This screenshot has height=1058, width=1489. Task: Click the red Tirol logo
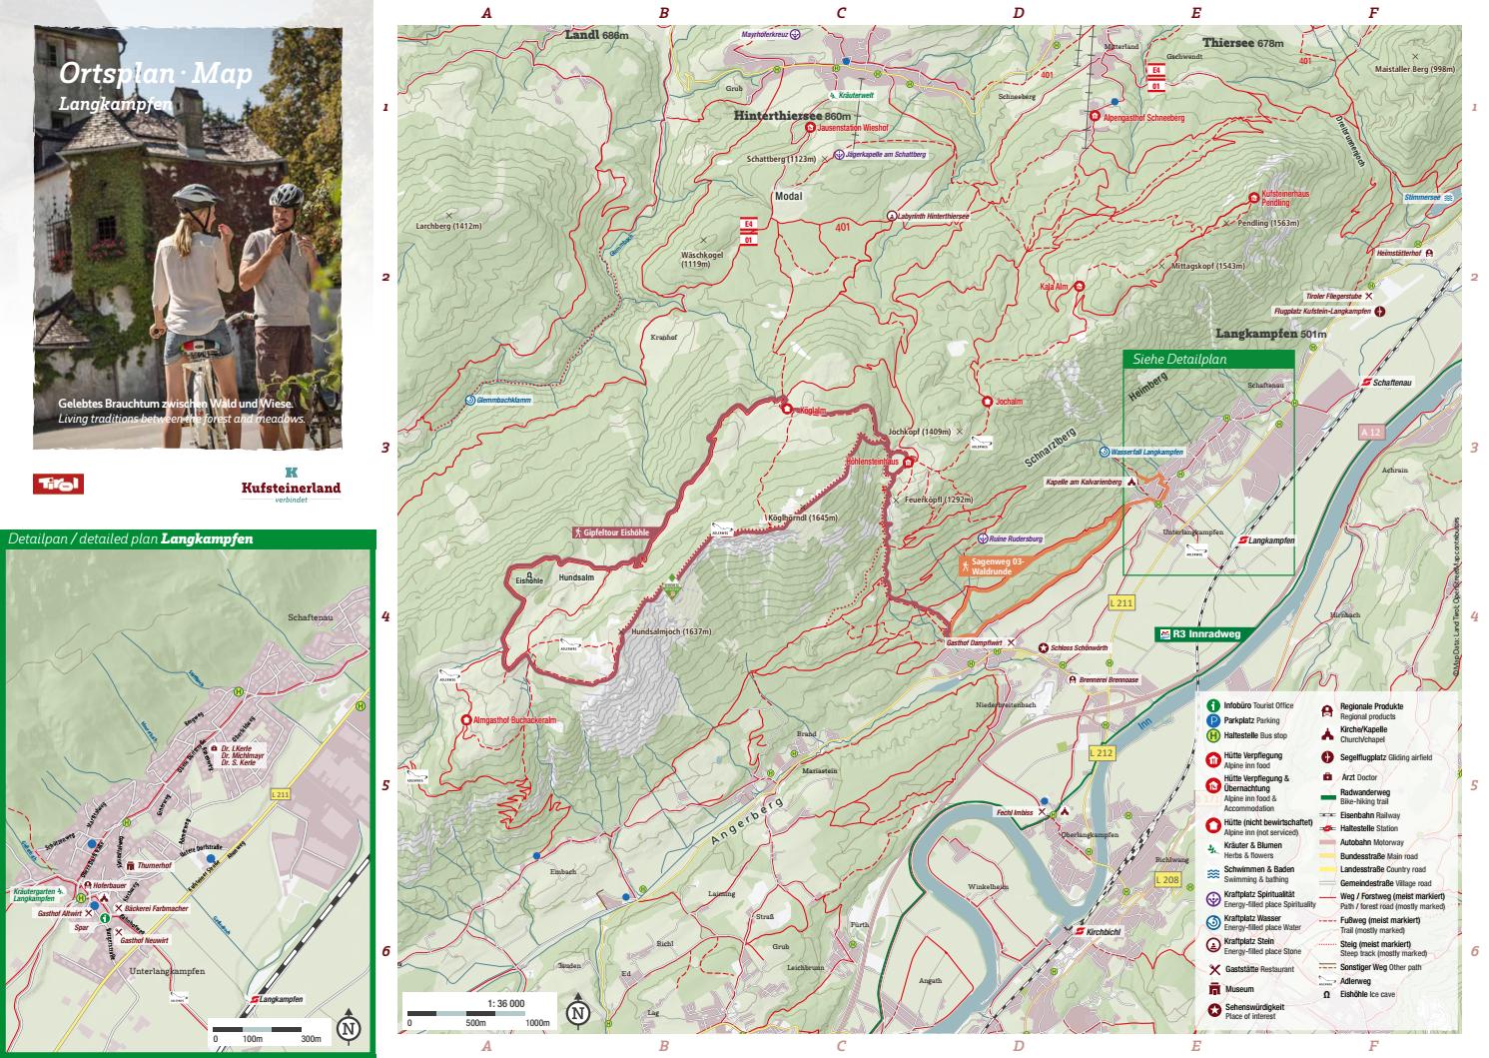58,485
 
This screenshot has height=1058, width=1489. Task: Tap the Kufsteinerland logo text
291,488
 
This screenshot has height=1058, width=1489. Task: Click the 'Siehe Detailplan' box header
1178,359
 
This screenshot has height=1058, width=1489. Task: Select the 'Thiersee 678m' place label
1241,44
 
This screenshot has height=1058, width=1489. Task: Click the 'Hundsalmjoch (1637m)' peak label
670,630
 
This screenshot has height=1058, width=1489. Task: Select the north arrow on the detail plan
349,1029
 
